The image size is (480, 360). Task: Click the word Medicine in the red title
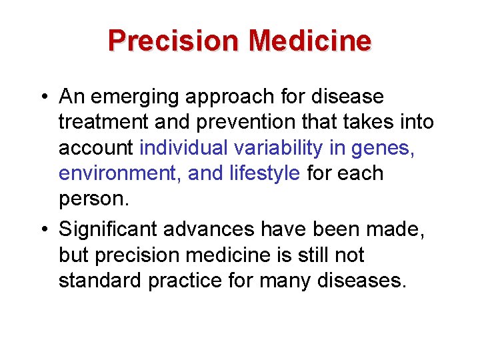coord(309,41)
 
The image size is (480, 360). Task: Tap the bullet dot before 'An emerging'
coord(42,97)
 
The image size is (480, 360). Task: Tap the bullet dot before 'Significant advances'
coord(42,229)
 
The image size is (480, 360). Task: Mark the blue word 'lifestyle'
coord(265,174)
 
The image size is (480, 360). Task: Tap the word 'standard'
coord(100,281)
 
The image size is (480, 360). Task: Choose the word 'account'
coord(96,148)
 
